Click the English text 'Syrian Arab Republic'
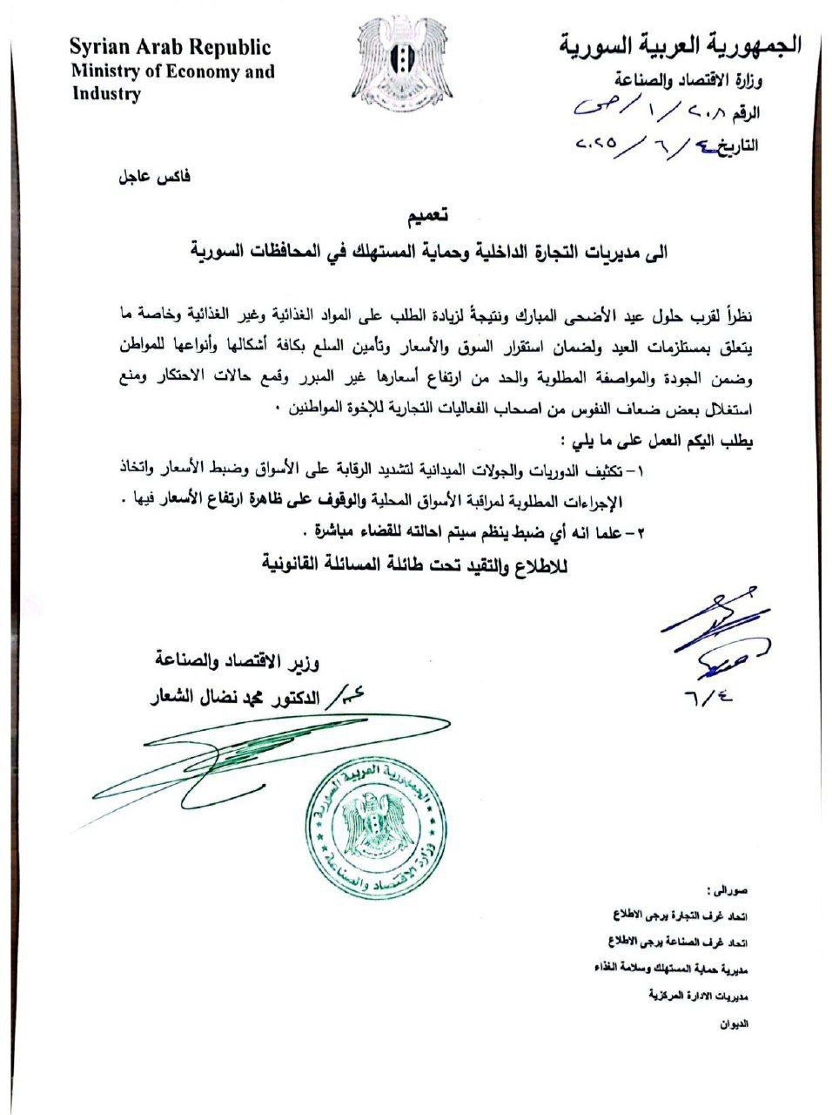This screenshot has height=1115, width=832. (x=171, y=47)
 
